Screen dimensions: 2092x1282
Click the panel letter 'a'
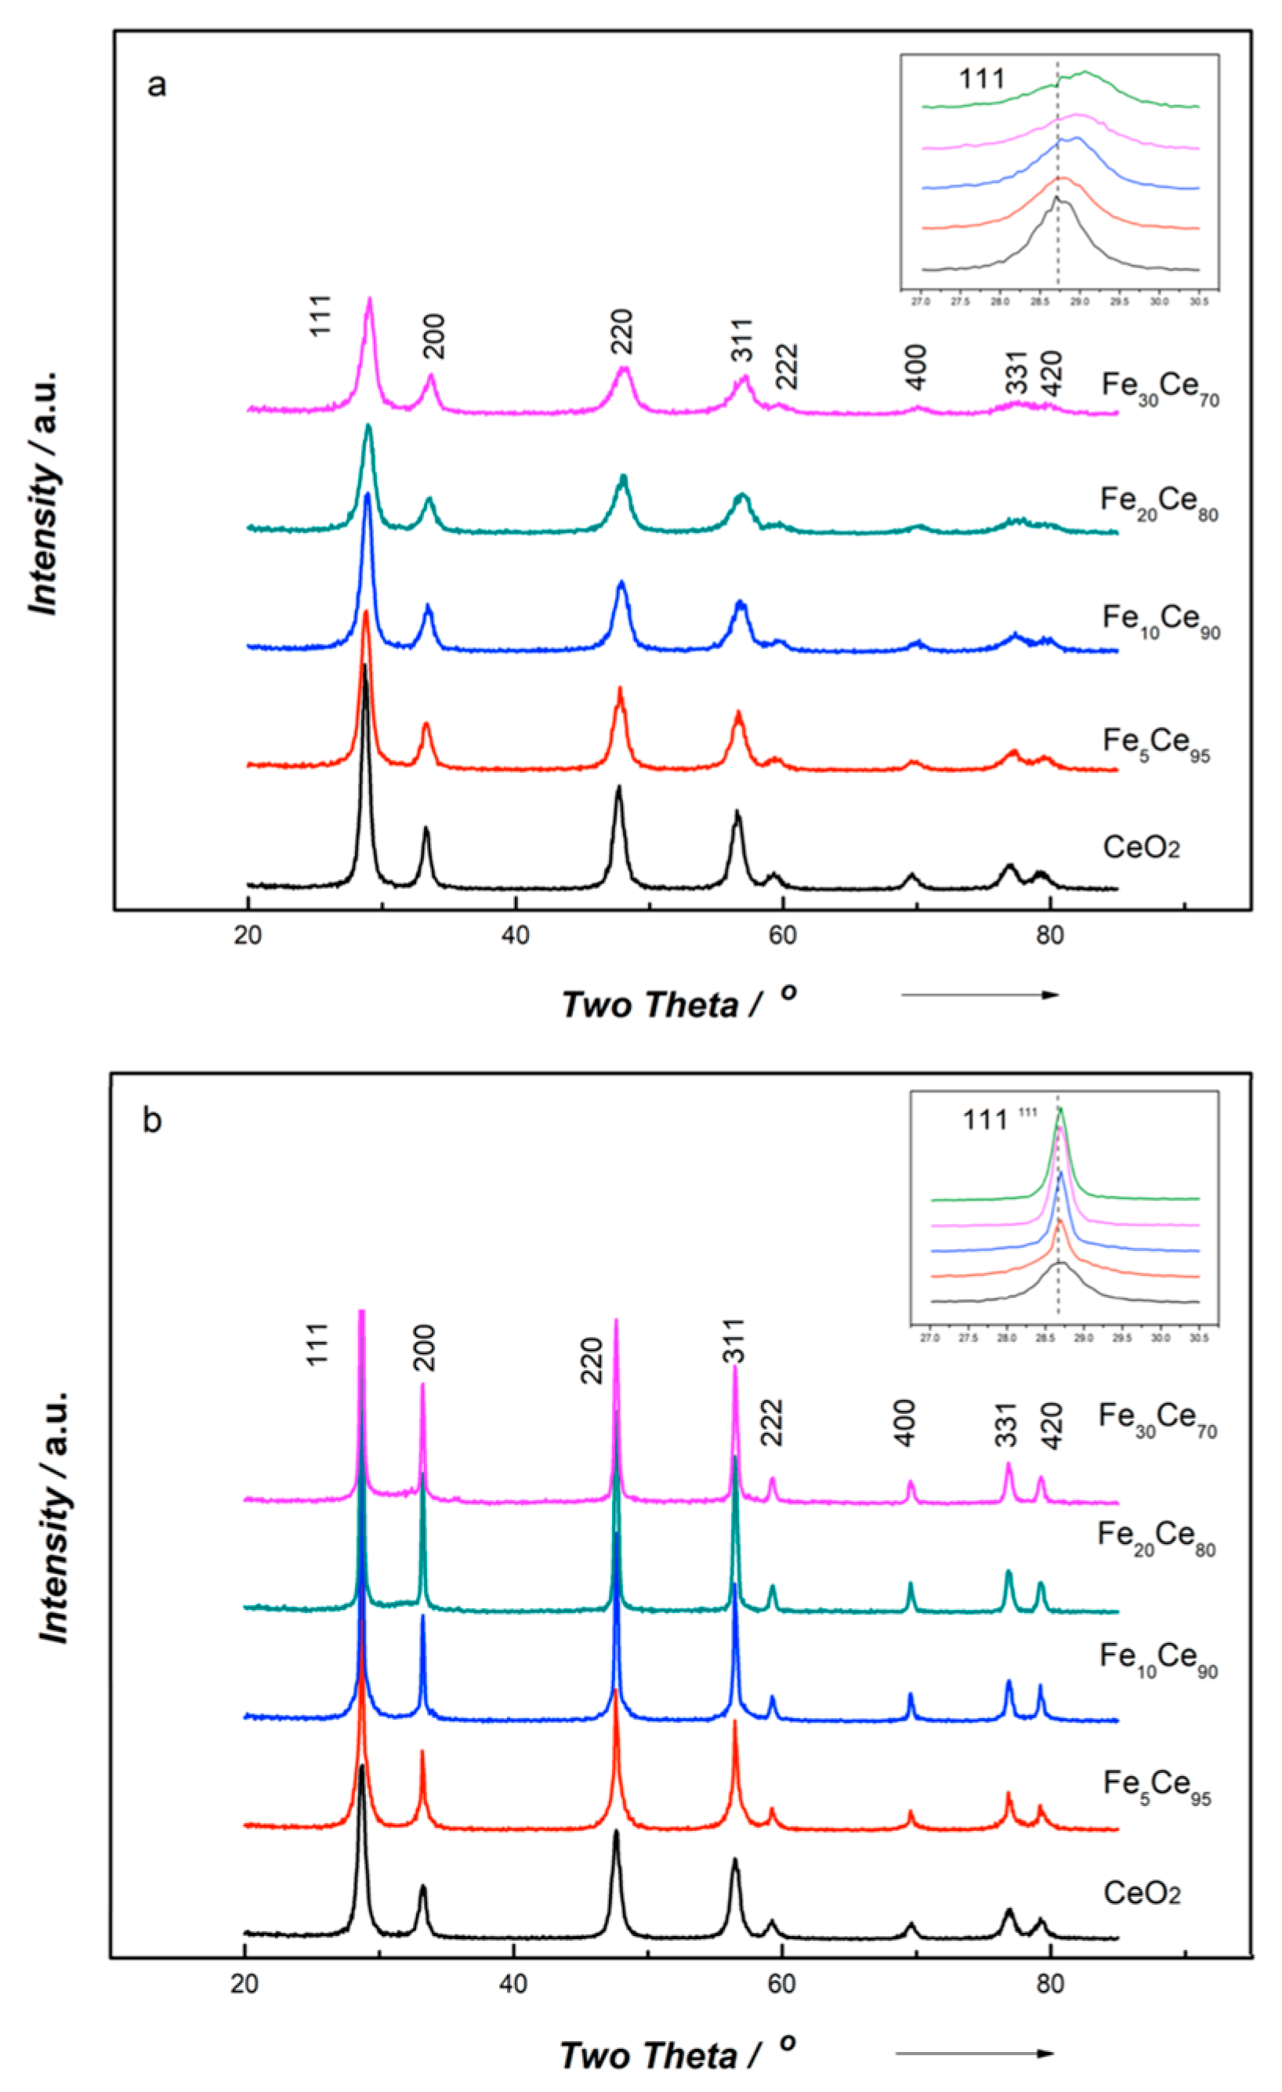point(156,85)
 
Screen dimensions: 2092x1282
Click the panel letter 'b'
point(152,1121)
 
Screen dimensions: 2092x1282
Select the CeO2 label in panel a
point(1141,847)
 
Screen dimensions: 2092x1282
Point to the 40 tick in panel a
point(516,935)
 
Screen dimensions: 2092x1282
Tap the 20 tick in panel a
point(248,935)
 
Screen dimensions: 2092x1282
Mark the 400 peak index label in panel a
point(915,368)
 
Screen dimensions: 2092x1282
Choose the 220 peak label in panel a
point(621,333)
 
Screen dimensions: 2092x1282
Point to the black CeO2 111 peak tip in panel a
point(364,666)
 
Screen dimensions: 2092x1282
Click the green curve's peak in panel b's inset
point(1059,1109)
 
